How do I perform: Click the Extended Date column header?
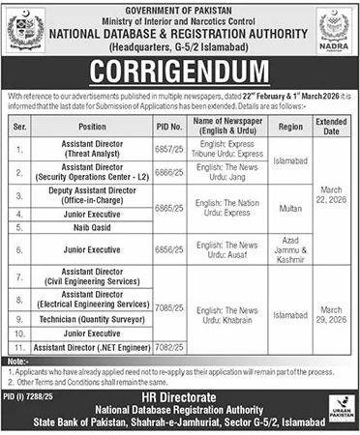pyautogui.click(x=331, y=126)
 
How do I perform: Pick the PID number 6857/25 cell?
pyautogui.click(x=167, y=151)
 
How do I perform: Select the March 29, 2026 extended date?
pyautogui.click(x=331, y=313)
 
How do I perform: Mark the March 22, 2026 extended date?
pyautogui.click(x=331, y=206)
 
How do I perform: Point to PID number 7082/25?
pyautogui.click(x=167, y=345)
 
